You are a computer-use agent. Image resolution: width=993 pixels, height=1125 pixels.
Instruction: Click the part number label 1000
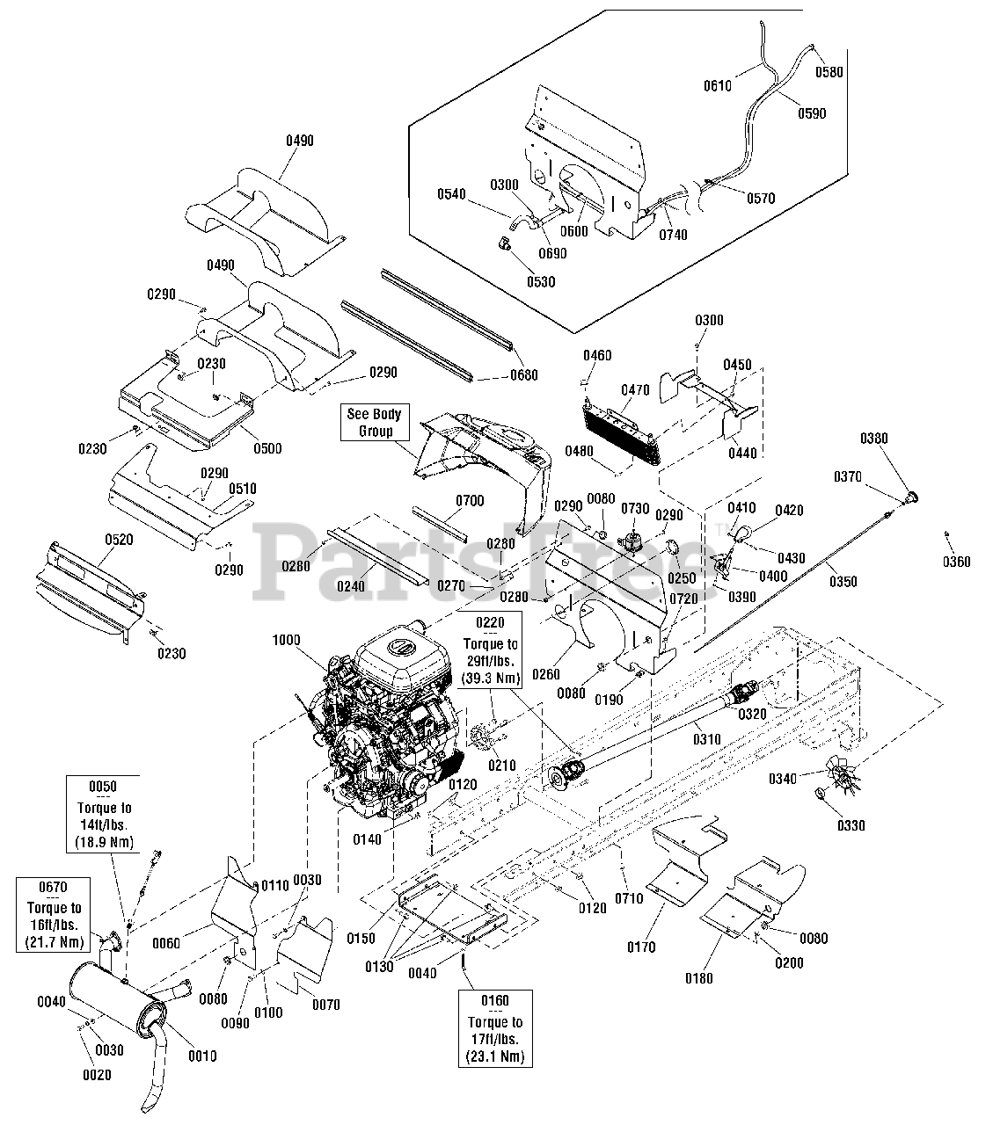[286, 640]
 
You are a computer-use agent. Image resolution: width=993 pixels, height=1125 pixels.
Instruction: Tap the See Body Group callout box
[375, 423]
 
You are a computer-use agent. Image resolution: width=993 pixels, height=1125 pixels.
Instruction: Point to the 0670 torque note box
[54, 915]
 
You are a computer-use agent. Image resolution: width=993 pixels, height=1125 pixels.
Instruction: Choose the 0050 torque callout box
[104, 814]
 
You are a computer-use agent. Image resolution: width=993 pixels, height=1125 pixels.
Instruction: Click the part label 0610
[718, 86]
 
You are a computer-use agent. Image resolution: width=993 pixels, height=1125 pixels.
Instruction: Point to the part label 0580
[829, 72]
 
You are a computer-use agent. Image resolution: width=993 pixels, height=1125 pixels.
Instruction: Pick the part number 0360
[956, 562]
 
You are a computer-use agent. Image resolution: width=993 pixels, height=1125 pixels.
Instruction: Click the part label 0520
[119, 540]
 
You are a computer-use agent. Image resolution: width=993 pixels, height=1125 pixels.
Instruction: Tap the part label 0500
[268, 448]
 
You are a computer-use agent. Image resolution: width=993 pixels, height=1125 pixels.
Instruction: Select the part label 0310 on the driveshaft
[707, 740]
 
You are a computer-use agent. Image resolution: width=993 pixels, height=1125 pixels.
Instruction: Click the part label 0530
[541, 282]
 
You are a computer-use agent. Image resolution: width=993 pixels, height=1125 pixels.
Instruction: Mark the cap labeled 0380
[910, 497]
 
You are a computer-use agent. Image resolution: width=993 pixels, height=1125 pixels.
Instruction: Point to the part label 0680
[524, 375]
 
